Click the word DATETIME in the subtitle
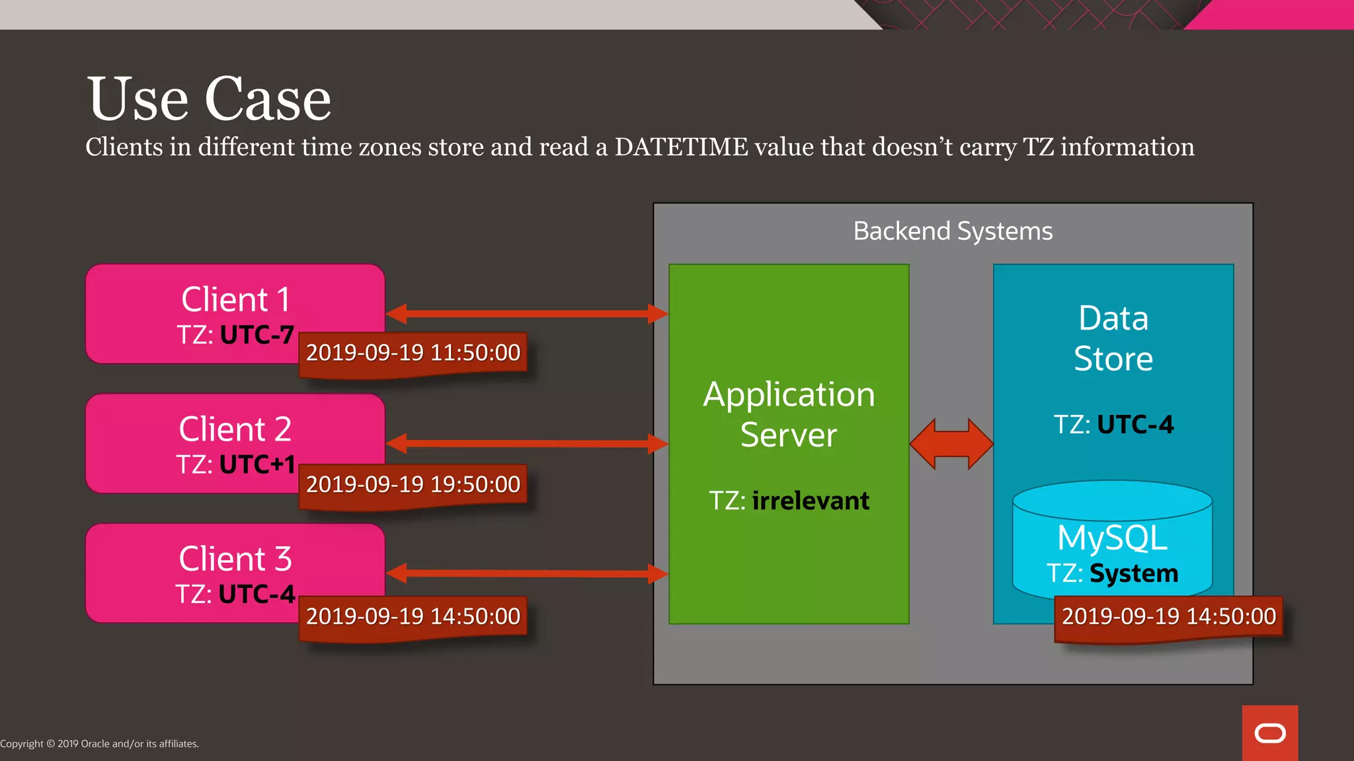pos(681,147)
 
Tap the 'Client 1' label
pos(235,299)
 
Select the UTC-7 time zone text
pos(257,335)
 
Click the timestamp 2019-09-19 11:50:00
pos(413,353)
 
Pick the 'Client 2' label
pos(235,429)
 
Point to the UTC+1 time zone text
pos(257,464)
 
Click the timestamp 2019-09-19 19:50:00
pos(413,484)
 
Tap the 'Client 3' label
pos(235,559)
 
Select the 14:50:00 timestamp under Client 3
pos(413,616)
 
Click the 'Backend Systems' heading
pos(953,231)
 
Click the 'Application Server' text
pos(789,414)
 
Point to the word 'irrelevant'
pos(811,501)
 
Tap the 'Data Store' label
pos(1113,338)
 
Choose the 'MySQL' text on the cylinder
pos(1112,537)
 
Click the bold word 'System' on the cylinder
pos(1134,573)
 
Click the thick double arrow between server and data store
pos(951,444)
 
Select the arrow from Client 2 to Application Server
pos(527,443)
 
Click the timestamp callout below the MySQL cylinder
pos(1168,616)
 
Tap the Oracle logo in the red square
pos(1270,733)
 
